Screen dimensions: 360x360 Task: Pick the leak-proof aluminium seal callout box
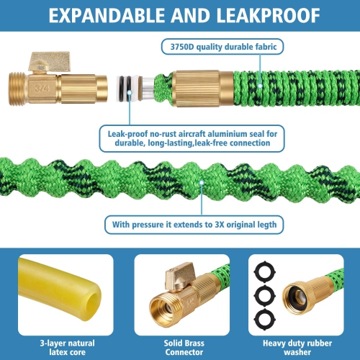pos(195,137)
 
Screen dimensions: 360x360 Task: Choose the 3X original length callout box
pos(194,225)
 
